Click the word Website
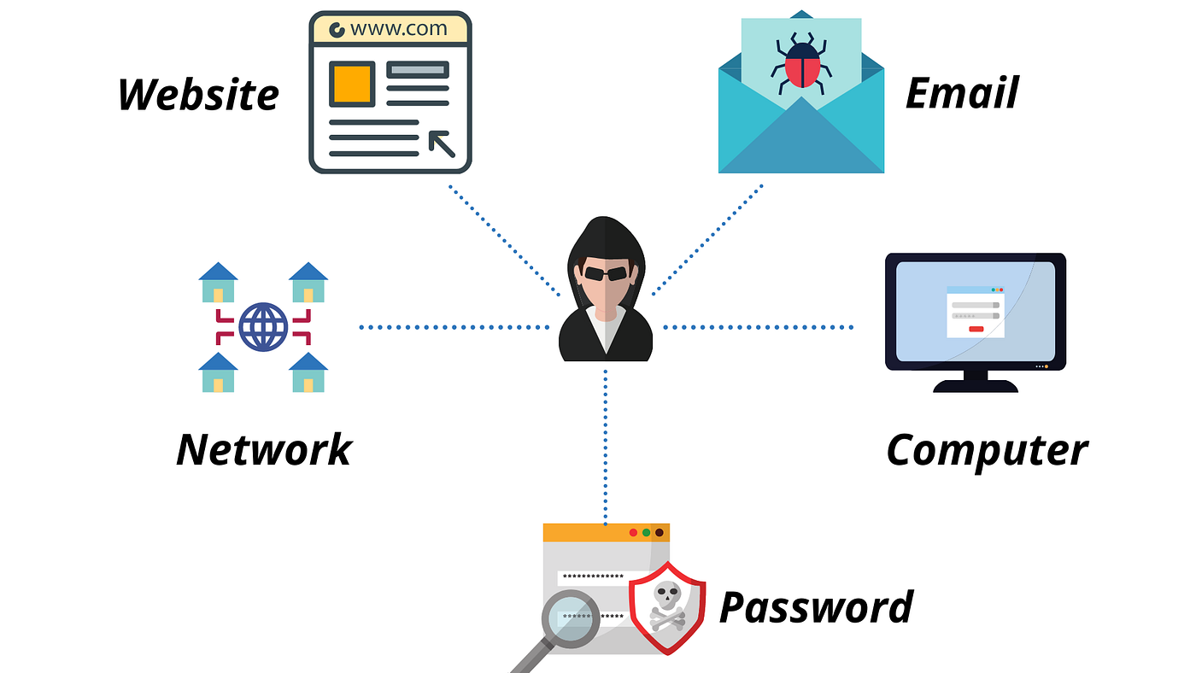point(198,94)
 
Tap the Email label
point(962,92)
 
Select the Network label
point(264,449)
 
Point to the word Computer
point(987,449)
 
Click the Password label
point(816,606)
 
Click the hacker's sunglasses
point(606,273)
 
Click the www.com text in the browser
point(398,28)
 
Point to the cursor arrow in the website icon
point(442,144)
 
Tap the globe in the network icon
point(263,327)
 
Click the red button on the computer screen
point(976,328)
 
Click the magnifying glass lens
point(570,617)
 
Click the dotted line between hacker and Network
point(453,327)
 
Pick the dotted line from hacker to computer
point(759,327)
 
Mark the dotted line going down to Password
point(606,444)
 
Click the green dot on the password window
point(646,533)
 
